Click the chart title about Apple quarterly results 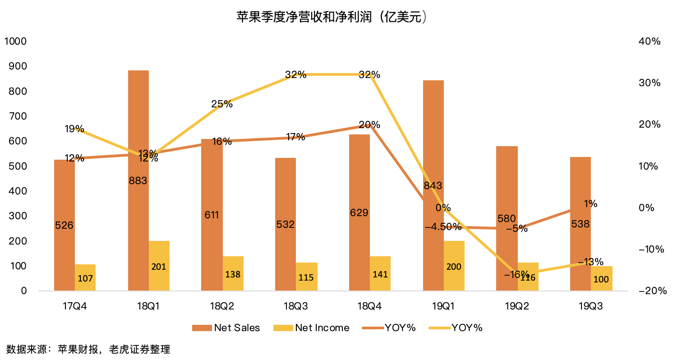coord(332,18)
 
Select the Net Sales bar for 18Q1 coord(138,135)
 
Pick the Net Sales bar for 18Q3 coord(286,189)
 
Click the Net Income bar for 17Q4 coord(85,277)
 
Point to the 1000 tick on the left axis coord(16,42)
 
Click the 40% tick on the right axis coord(650,42)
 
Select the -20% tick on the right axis coord(652,291)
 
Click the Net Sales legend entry coord(226,328)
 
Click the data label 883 coord(138,181)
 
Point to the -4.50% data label coord(443,226)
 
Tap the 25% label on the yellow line coord(222,104)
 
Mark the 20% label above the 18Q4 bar coord(369,125)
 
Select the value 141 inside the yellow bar coord(380,274)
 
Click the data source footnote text coord(88,349)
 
